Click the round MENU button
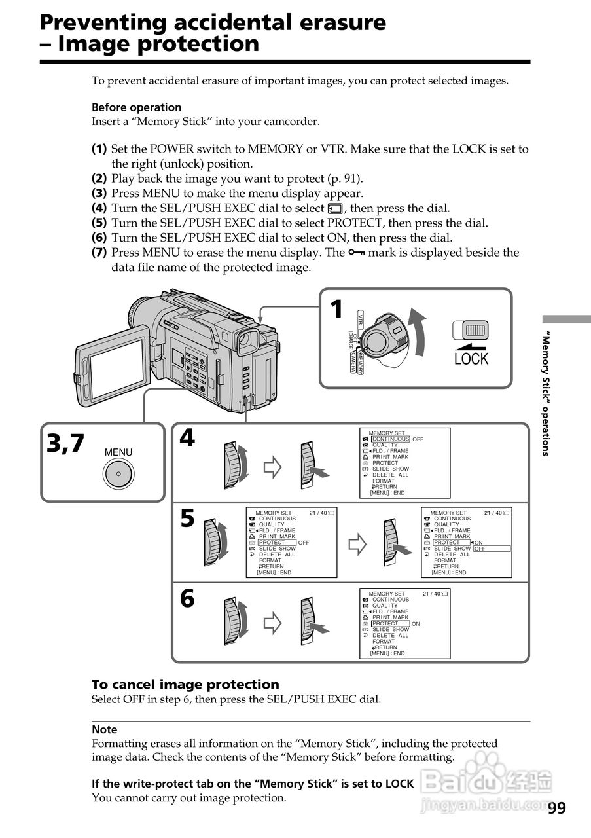118,473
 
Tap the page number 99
556,809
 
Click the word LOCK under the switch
471,359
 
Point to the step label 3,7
65,444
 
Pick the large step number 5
188,519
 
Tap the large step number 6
188,598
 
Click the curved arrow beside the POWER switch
416,334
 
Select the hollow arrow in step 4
272,467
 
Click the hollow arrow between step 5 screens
357,543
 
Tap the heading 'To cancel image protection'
185,685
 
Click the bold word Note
105,729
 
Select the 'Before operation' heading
136,107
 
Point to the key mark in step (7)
357,253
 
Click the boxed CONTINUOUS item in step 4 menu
391,439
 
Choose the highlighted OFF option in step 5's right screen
491,549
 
